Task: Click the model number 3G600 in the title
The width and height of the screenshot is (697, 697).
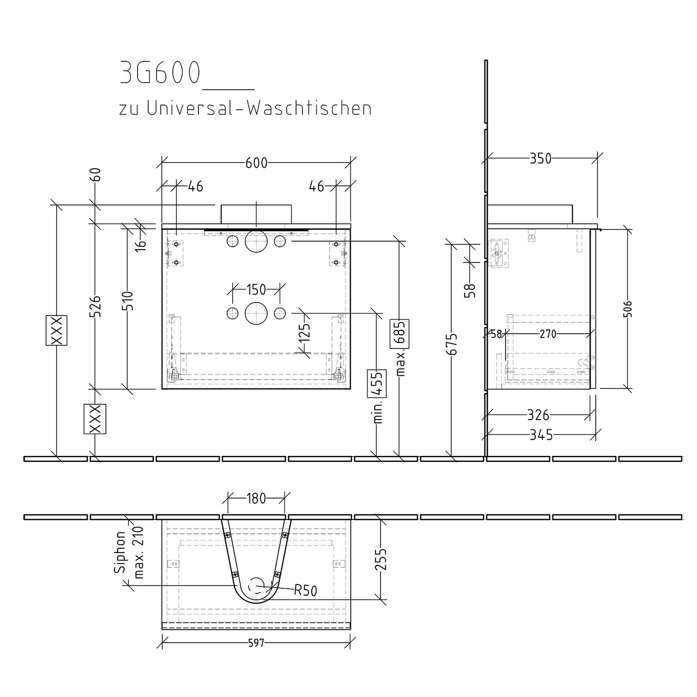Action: (160, 73)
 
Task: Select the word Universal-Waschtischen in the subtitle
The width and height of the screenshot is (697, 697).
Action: (259, 108)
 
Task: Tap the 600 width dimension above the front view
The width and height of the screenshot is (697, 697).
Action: (256, 163)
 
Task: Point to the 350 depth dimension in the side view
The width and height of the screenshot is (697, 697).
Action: (541, 158)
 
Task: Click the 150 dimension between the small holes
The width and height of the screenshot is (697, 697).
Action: (256, 290)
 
